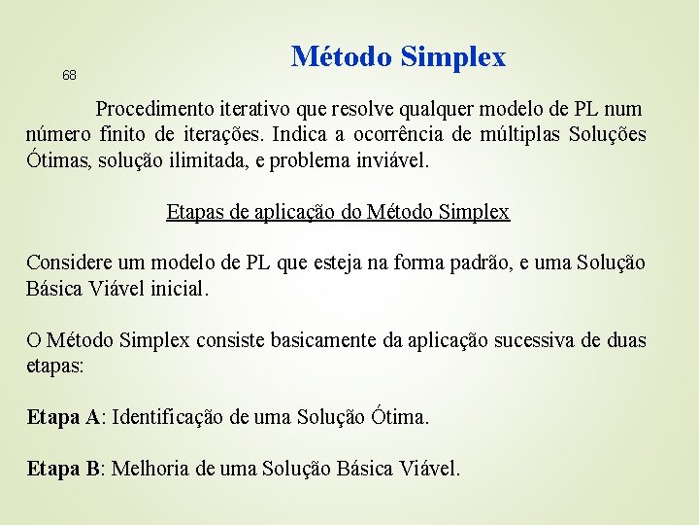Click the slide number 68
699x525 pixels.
click(69, 76)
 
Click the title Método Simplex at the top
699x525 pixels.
click(398, 56)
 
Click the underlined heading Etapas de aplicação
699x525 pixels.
click(338, 211)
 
